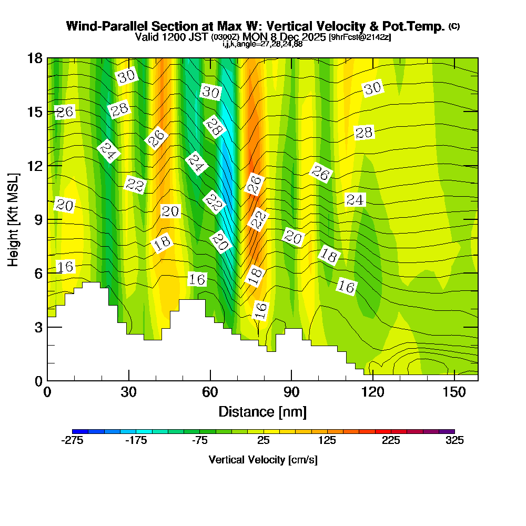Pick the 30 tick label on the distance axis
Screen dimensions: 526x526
[129, 392]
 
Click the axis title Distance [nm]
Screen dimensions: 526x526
[262, 411]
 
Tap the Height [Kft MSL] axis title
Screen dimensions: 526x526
[13, 219]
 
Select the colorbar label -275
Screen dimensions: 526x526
[73, 441]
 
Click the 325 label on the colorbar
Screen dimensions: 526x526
[454, 441]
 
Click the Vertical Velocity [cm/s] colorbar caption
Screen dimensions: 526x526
[263, 460]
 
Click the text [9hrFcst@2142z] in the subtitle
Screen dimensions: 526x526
[360, 37]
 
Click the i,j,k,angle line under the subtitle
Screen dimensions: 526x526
[262, 44]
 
